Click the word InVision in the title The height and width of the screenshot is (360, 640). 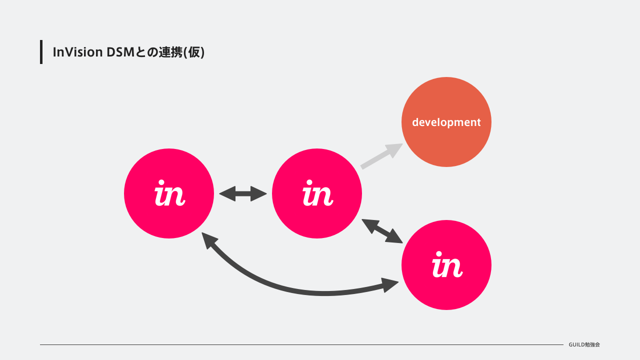77,52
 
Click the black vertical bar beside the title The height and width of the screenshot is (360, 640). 41,52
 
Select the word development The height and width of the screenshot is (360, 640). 446,122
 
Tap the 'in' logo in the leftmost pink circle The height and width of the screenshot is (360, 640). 169,193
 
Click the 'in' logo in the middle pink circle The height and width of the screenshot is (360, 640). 317,193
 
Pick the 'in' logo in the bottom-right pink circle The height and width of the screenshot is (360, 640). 447,264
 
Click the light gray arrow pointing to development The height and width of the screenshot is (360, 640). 381,156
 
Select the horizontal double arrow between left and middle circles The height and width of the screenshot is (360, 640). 243,193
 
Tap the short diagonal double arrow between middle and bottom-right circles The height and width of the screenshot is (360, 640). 382,231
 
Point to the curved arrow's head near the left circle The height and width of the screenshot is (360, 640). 208,239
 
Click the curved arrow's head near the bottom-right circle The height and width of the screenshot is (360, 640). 390,285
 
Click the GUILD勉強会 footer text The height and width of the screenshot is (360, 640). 584,344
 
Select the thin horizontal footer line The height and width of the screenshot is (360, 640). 301,344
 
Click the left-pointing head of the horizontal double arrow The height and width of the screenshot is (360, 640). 227,193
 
